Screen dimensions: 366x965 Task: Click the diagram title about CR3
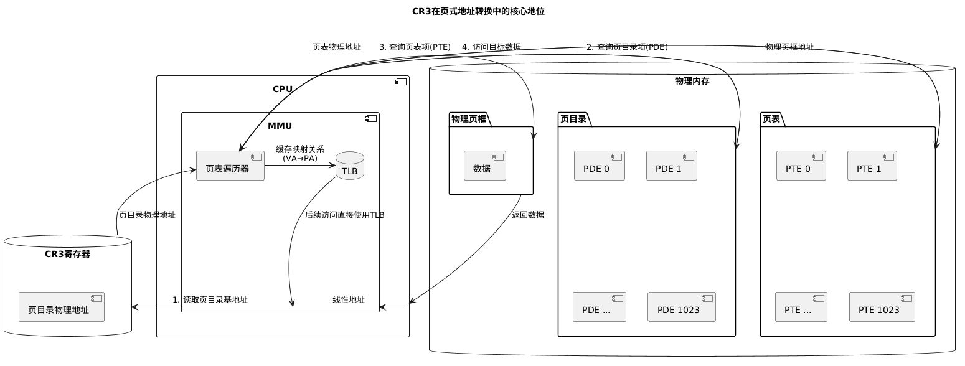(478, 11)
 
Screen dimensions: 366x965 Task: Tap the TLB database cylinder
(349, 166)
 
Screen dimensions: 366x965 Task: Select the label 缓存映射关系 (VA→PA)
(300, 154)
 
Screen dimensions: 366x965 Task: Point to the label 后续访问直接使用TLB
(344, 215)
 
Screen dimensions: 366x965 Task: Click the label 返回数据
(527, 215)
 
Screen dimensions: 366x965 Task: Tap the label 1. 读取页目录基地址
(210, 299)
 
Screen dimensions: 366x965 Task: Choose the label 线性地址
(349, 299)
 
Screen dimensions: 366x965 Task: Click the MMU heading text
(280, 126)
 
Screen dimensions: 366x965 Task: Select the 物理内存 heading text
(692, 81)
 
